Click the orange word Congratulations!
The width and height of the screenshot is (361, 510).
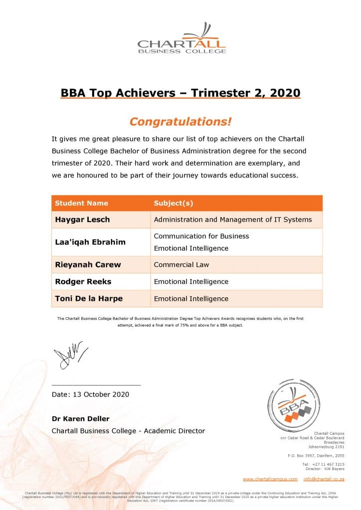coord(180,122)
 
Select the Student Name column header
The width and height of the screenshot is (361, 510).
coord(81,203)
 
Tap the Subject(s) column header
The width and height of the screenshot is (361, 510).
coord(173,203)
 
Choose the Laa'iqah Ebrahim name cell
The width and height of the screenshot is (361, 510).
coord(90,242)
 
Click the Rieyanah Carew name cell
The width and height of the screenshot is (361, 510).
coord(88,264)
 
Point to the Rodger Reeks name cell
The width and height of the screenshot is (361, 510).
coord(83,281)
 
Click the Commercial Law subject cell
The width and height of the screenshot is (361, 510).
coord(181,264)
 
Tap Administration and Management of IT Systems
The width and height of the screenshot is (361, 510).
coord(233,220)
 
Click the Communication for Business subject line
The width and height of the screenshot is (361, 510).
coord(201,236)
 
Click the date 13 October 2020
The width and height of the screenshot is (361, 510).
coord(90,394)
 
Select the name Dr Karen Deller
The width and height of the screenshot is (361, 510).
coord(80,418)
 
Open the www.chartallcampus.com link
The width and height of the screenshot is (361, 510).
coord(270,479)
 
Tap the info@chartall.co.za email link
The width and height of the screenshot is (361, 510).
coord(324,479)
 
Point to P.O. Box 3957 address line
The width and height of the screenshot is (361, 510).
coord(316,456)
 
